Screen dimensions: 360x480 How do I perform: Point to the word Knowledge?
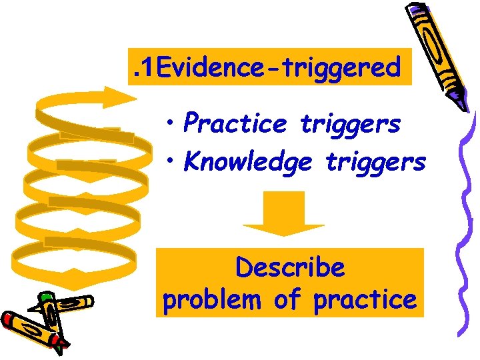click(247, 162)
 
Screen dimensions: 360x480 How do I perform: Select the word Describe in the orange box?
click(290, 268)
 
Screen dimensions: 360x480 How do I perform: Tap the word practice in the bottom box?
click(364, 300)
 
